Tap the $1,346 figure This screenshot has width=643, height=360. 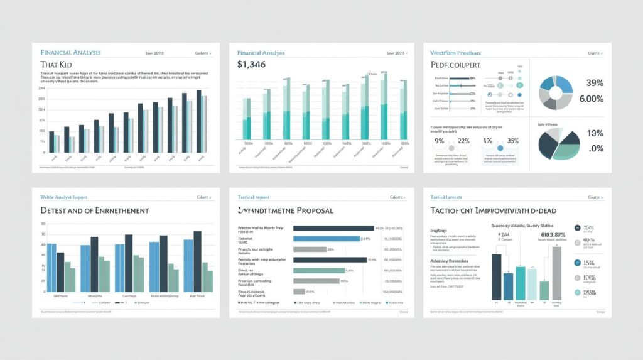point(252,64)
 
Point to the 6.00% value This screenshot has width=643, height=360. point(590,99)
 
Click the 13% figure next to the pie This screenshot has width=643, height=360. point(594,133)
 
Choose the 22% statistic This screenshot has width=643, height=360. point(464,141)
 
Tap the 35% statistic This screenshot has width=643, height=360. point(512,141)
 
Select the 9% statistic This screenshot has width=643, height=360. point(439,141)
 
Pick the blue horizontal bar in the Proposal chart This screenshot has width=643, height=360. point(327,239)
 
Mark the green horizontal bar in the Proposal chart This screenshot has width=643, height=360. point(319,271)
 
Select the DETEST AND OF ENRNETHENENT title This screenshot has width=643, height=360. point(94,210)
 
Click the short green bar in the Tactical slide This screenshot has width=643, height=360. point(544,290)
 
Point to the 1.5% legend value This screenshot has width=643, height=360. point(588,263)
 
